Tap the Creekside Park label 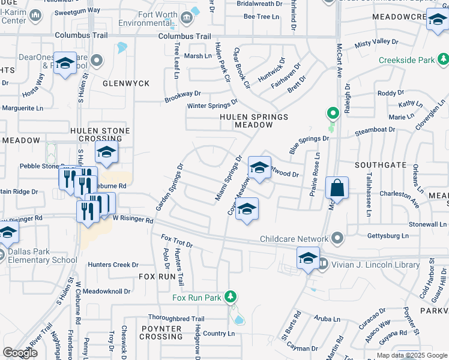click(x=406, y=61)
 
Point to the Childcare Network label click(x=293, y=239)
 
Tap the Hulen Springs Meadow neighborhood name click(x=245, y=121)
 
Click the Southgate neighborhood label click(x=380, y=164)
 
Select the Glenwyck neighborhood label click(x=125, y=83)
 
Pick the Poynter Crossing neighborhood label click(x=162, y=332)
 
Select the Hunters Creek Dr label click(x=113, y=265)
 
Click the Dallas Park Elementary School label click(x=39, y=256)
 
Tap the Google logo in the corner click(x=20, y=353)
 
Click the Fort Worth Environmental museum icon click(x=186, y=17)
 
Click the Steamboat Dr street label click(x=375, y=129)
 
